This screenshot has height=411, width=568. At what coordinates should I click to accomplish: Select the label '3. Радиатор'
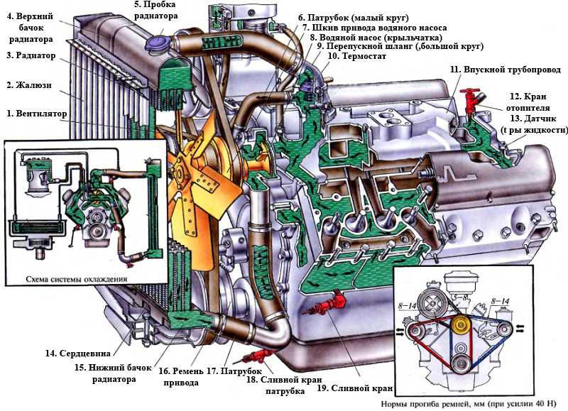31,55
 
